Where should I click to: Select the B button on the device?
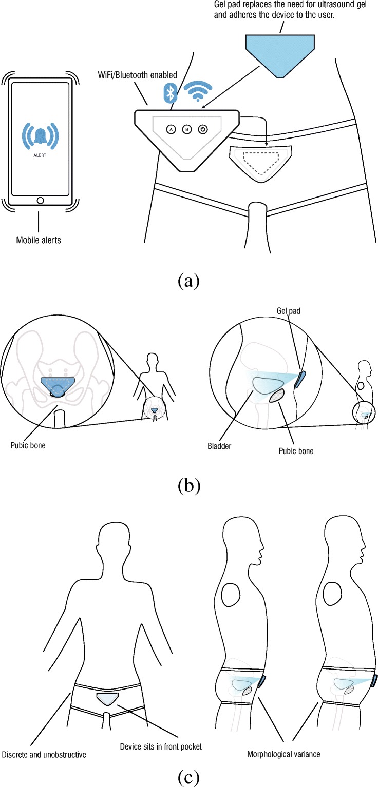coord(187,129)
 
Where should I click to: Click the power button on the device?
coord(203,129)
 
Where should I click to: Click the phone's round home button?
coord(40,200)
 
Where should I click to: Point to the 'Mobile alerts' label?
coord(39,240)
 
